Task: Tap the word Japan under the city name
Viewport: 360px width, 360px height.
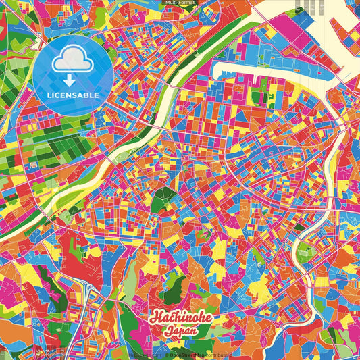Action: [180, 332]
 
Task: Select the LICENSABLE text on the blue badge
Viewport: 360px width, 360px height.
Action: [74, 95]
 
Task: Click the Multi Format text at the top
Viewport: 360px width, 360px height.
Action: [180, 3]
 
